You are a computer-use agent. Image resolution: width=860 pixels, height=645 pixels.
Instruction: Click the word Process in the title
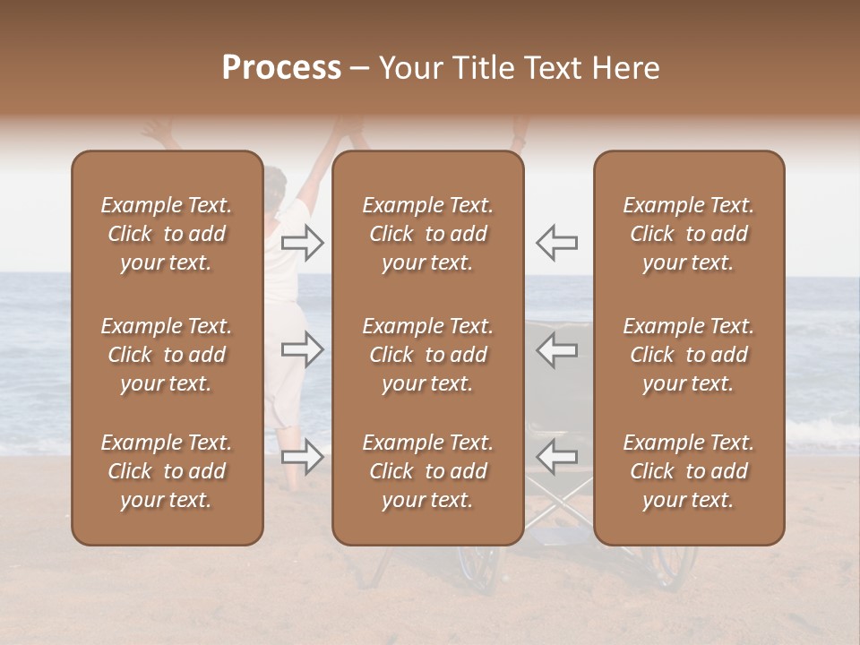281,68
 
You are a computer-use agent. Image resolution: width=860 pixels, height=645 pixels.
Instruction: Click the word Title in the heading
481,68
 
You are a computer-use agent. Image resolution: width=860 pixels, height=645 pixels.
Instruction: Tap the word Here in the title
626,68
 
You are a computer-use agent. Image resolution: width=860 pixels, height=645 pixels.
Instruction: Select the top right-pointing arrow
303,242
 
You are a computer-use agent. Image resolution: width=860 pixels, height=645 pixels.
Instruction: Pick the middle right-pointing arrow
303,349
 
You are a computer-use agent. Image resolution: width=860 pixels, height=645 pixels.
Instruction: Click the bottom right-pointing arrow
303,457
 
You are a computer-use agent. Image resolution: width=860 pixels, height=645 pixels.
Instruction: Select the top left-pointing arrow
556,242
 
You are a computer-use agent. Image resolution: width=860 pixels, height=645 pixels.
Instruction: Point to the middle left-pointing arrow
556,349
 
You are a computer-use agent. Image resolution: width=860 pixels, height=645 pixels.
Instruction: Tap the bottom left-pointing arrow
556,457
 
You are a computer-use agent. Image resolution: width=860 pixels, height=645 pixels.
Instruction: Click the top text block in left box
167,234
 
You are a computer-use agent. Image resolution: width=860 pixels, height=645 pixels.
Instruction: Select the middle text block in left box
167,355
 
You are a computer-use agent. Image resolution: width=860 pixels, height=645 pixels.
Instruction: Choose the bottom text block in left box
167,471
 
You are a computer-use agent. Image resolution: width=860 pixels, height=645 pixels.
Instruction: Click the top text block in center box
427,234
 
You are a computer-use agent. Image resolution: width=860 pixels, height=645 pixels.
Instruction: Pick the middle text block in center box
427,355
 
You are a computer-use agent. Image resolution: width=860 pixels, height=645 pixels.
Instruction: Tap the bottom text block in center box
427,471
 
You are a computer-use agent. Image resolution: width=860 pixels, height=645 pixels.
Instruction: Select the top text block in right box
688,234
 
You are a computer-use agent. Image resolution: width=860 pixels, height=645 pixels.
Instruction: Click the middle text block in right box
688,355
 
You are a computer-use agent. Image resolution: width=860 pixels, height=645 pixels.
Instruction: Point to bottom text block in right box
688,471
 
